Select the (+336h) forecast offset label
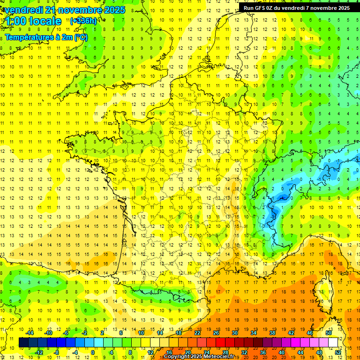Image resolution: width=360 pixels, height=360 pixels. pos(83,21)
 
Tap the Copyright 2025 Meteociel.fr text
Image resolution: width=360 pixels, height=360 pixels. pos(199,357)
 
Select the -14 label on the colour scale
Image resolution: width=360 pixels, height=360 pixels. pos(30,333)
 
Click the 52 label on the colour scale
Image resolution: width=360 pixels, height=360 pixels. pos(338,352)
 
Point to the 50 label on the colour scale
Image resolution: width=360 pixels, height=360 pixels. pos(329,333)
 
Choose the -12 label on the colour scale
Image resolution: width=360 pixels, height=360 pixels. pos(39,352)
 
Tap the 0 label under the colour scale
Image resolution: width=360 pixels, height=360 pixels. pos(93,352)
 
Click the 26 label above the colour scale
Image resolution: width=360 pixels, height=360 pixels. pos(216,333)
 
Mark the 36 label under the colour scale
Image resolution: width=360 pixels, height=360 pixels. pos(262,352)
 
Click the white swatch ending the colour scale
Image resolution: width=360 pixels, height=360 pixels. pos(333,343)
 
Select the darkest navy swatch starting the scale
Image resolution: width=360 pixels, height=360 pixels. pos(23,343)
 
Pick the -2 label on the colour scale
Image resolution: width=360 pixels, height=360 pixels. pos(84,333)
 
